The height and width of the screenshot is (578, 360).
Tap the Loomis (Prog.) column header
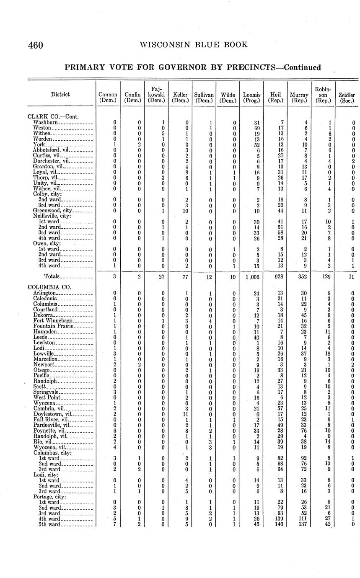[251, 98]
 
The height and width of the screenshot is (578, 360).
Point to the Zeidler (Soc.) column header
[347, 98]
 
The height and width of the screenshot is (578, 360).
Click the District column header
[60, 95]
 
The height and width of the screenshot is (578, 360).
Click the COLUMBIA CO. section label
[49, 287]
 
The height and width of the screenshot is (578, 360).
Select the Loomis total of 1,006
[252, 276]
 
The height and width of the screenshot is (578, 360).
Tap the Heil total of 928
[275, 276]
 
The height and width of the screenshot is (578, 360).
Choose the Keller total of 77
[180, 276]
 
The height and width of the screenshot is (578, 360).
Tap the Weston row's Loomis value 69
[252, 128]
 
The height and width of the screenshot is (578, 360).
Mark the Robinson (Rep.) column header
[323, 95]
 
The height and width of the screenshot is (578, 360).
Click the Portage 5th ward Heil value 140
[276, 524]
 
